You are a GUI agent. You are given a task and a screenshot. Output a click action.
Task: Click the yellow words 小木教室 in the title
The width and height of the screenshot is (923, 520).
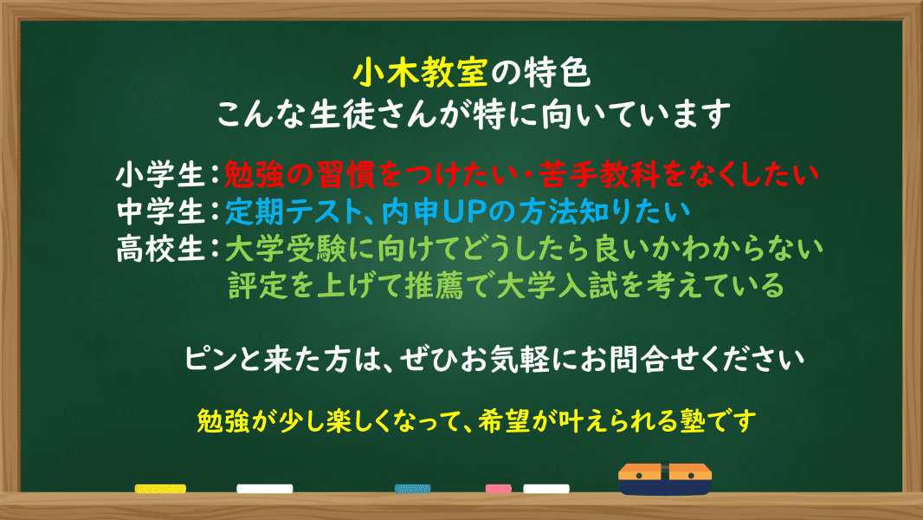tap(420, 73)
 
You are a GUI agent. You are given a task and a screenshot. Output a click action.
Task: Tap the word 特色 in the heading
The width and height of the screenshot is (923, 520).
tap(556, 73)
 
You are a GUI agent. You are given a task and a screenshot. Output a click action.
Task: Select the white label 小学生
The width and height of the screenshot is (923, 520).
tap(160, 175)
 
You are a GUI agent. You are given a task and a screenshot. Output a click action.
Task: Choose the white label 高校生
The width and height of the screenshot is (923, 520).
tap(160, 249)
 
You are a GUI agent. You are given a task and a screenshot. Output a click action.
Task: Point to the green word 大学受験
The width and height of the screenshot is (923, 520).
tap(286, 249)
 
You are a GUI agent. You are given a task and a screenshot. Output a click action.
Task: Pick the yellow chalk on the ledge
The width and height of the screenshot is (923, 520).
tap(160, 489)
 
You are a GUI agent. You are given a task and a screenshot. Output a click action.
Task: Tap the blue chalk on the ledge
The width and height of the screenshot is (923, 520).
tap(413, 489)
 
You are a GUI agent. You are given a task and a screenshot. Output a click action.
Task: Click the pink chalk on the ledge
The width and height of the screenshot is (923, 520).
tap(499, 489)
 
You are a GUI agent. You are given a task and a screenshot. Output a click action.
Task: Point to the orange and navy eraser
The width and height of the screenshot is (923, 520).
tap(665, 478)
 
